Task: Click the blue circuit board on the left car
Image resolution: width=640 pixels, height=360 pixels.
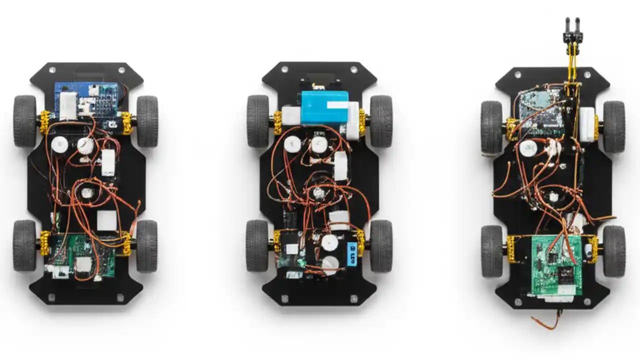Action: [x=87, y=100]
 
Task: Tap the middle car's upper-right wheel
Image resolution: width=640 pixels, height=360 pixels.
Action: [x=381, y=121]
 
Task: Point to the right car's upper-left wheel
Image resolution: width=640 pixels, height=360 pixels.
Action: [x=491, y=126]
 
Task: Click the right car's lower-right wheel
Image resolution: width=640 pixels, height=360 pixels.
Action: [x=614, y=251]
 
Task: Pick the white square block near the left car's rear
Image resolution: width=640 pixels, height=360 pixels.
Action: [x=106, y=220]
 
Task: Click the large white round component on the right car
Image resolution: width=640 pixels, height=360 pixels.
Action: [x=527, y=148]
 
